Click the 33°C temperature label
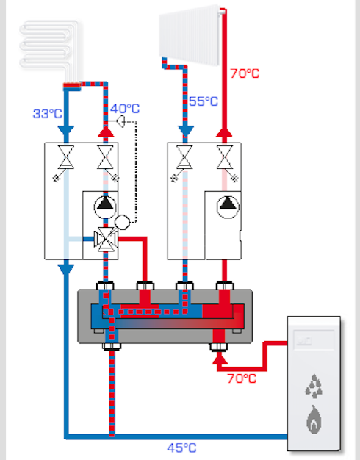coord(48,114)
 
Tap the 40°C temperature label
coord(125,109)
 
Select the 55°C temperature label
coord(204,101)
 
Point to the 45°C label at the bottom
coord(181,448)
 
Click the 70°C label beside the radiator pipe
coord(245,73)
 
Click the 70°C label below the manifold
coord(242,378)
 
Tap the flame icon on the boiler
coord(314,420)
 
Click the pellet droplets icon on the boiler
coord(314,386)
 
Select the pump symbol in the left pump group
coord(105,207)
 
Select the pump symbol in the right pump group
coord(228,207)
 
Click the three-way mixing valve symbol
coord(105,239)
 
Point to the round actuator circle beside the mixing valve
coord(122,222)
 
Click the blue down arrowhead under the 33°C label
coord(66,130)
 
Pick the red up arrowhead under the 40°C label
coord(106,132)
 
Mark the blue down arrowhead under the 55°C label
coord(185,131)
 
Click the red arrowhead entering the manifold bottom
coord(220,359)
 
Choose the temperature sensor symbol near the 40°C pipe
coord(121,121)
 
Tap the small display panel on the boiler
coord(314,340)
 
